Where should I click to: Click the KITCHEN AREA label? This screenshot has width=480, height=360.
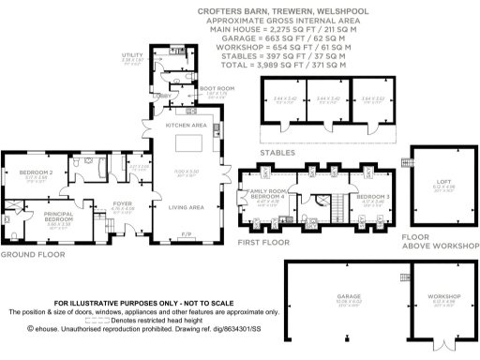186,125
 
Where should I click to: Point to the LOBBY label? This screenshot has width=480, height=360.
163,96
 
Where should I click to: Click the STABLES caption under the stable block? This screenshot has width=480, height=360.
278,152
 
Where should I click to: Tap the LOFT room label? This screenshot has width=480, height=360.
442,182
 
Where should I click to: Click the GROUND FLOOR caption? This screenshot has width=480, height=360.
26,255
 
